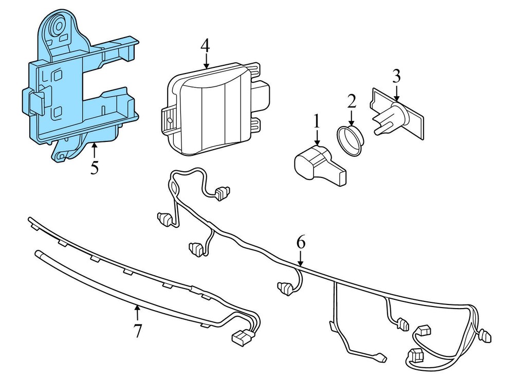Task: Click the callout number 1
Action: [x=317, y=121]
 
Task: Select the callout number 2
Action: [x=352, y=100]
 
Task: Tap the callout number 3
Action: [x=396, y=76]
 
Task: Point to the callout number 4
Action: [x=205, y=46]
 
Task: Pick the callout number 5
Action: [x=94, y=168]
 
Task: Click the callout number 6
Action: [x=301, y=241]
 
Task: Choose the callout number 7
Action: [x=137, y=331]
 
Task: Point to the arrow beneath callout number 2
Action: [x=352, y=117]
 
